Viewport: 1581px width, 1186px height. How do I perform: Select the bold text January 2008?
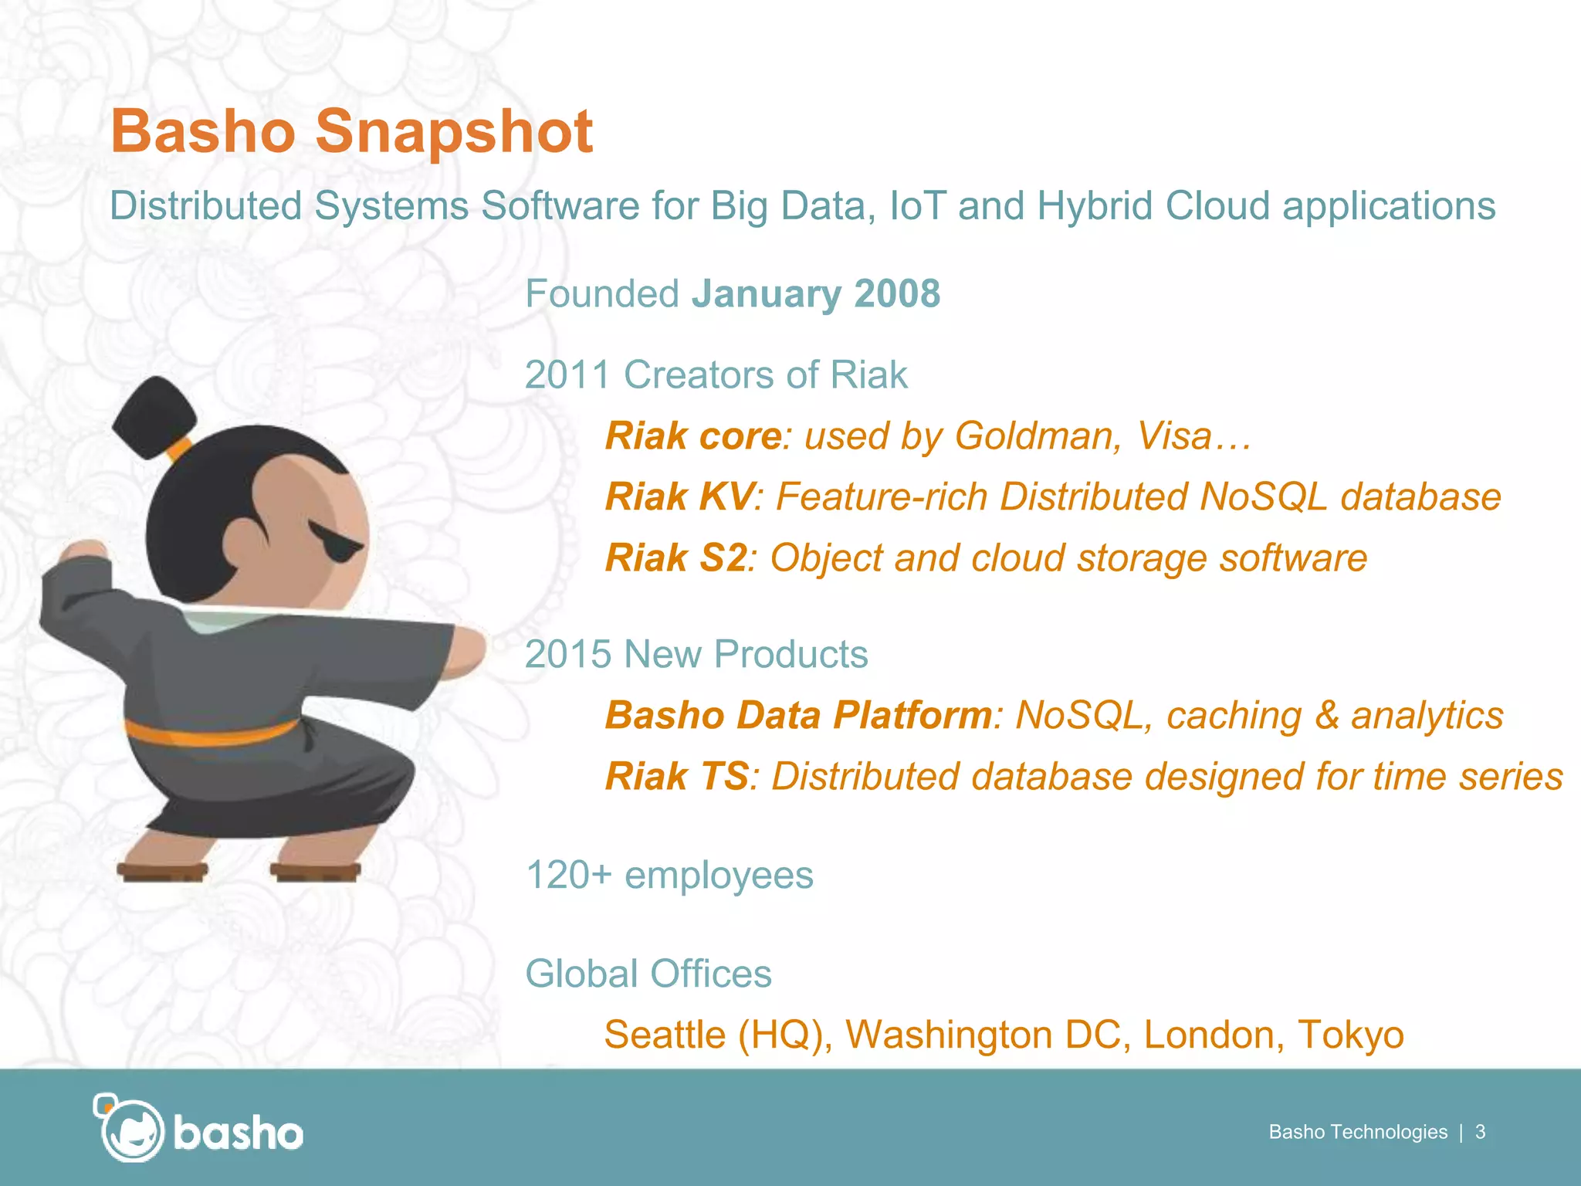coord(816,294)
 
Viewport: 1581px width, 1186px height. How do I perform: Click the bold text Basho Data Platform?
coord(798,715)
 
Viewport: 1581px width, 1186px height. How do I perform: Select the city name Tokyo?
coord(1350,1035)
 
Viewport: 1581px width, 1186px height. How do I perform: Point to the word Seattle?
coord(665,1035)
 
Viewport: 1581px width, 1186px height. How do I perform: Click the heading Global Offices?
coord(648,974)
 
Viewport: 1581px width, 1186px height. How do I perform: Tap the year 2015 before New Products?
coord(567,655)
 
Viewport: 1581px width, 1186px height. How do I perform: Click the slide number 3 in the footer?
coord(1480,1132)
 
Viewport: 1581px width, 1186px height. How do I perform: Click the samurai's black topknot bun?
coord(153,415)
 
